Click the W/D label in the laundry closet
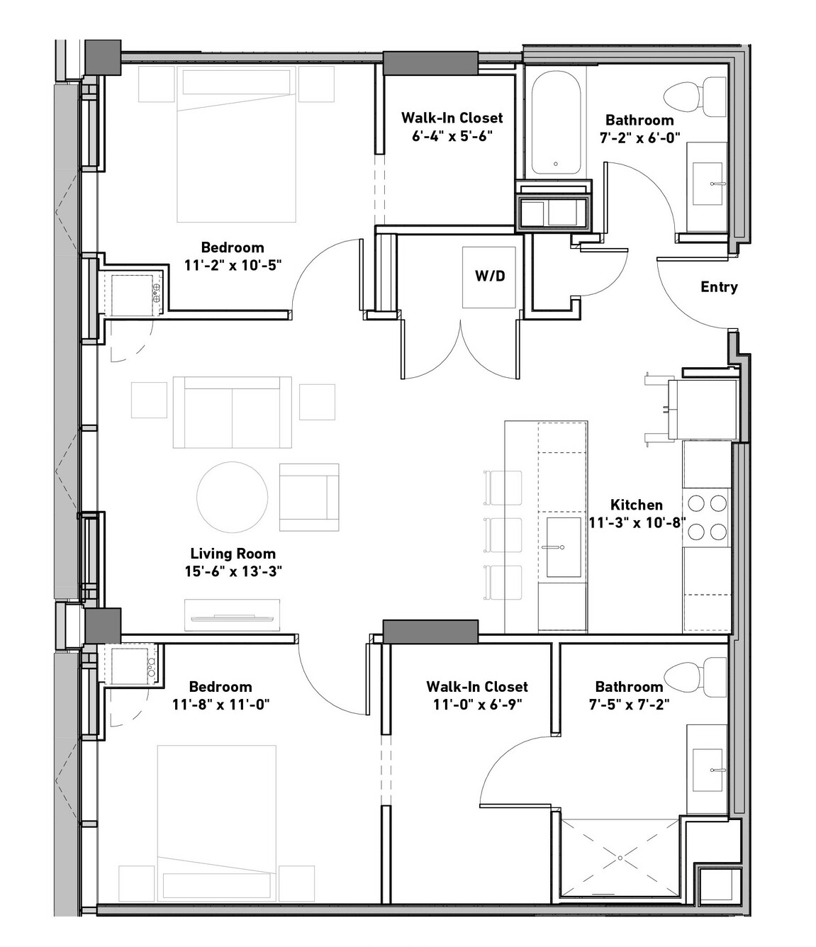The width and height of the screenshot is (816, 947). click(x=490, y=276)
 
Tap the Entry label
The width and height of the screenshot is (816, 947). click(x=719, y=287)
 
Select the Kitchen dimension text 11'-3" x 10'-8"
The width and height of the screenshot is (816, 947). click(x=637, y=522)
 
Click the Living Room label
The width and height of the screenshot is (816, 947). click(x=233, y=554)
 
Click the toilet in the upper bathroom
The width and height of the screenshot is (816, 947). click(x=695, y=96)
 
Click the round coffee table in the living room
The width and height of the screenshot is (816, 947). click(x=233, y=497)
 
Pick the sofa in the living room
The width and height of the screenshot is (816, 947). click(x=233, y=413)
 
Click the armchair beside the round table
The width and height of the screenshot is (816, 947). click(x=309, y=497)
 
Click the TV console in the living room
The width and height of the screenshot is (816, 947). click(x=233, y=615)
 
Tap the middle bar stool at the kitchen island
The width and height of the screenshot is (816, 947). click(x=503, y=535)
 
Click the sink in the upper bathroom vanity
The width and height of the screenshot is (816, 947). click(x=708, y=184)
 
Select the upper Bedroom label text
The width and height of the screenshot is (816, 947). click(x=233, y=247)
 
